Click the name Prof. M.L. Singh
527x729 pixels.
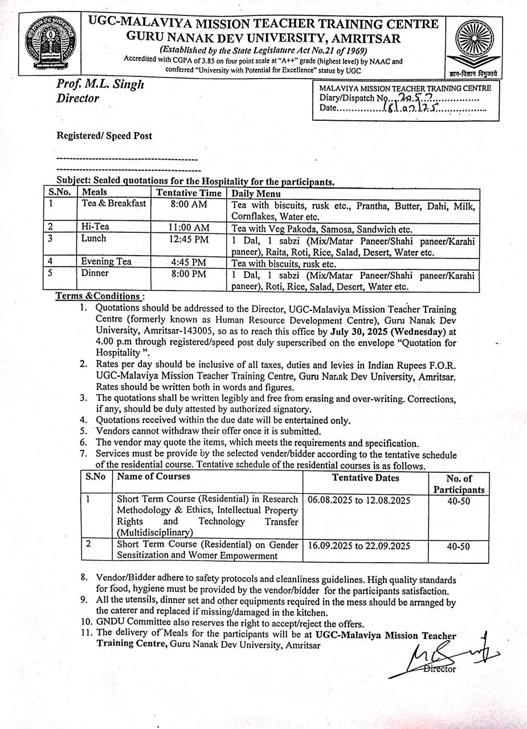click(100, 84)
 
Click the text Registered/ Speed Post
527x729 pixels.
click(104, 136)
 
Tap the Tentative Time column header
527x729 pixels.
click(189, 193)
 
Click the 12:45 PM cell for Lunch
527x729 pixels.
click(189, 239)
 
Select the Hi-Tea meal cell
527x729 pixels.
click(95, 227)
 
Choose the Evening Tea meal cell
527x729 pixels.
click(107, 261)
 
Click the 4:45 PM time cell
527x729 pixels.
click(189, 262)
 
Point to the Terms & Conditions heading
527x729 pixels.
click(99, 296)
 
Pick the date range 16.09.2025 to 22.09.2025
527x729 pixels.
click(359, 545)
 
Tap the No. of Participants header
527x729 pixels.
click(459, 484)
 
